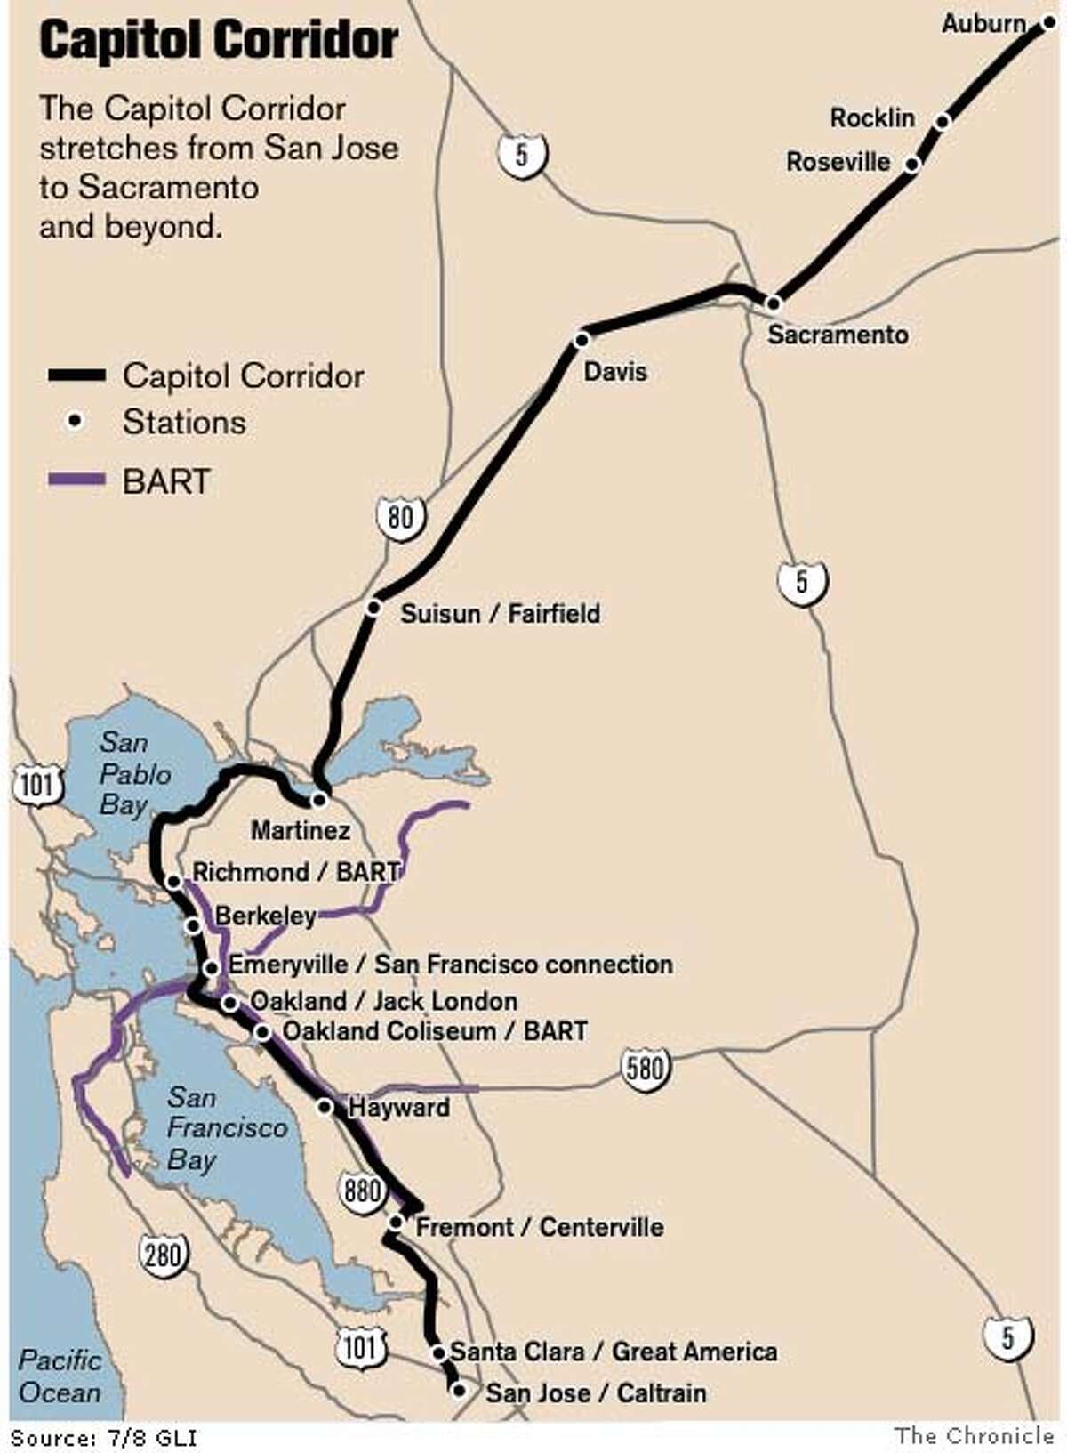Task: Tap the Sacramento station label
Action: (x=838, y=335)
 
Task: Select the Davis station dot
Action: (x=582, y=339)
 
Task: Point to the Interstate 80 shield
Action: (x=401, y=515)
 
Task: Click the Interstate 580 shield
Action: (x=644, y=1066)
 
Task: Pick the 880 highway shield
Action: (x=362, y=1190)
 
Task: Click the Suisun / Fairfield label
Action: (x=500, y=613)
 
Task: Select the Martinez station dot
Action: (x=319, y=799)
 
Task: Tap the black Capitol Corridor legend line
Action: (x=76, y=375)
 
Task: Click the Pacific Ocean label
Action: (x=60, y=1376)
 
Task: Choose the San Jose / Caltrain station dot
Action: (x=459, y=1390)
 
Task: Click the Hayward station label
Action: (x=398, y=1108)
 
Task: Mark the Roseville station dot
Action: (x=911, y=164)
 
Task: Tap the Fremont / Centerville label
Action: (x=539, y=1227)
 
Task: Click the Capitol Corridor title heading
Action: (x=219, y=42)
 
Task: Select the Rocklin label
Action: (x=871, y=117)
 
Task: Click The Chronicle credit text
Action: (x=974, y=1435)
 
